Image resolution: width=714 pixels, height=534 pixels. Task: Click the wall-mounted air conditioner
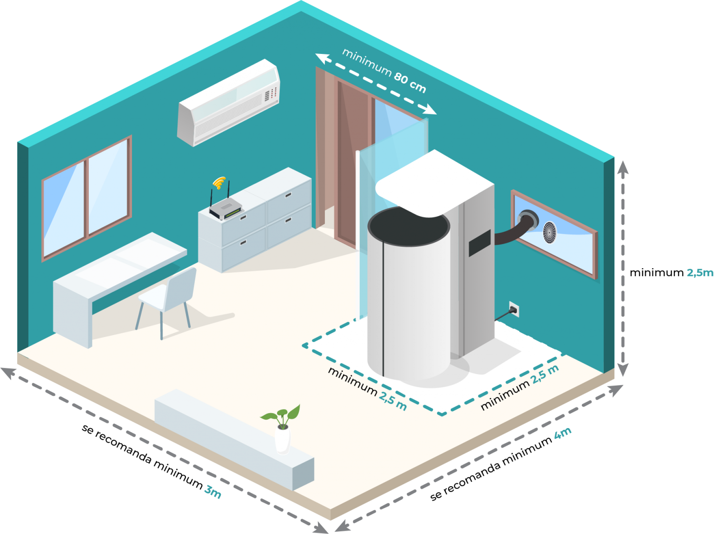pyautogui.click(x=229, y=103)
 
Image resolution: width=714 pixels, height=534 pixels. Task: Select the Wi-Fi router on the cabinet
pyautogui.click(x=225, y=210)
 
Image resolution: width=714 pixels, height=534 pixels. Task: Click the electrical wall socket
pyautogui.click(x=513, y=309)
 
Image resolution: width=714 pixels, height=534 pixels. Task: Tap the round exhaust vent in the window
pyautogui.click(x=550, y=231)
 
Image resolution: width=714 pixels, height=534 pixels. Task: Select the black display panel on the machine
pyautogui.click(x=480, y=243)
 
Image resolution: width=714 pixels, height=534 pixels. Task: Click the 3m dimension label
pyautogui.click(x=213, y=491)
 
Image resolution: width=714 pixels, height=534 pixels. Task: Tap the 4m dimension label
pyautogui.click(x=562, y=434)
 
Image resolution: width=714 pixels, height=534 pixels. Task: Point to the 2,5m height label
pyautogui.click(x=700, y=273)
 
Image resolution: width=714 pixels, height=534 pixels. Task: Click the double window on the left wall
pyautogui.click(x=87, y=198)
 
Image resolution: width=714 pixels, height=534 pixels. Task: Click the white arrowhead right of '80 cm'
pyautogui.click(x=430, y=110)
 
